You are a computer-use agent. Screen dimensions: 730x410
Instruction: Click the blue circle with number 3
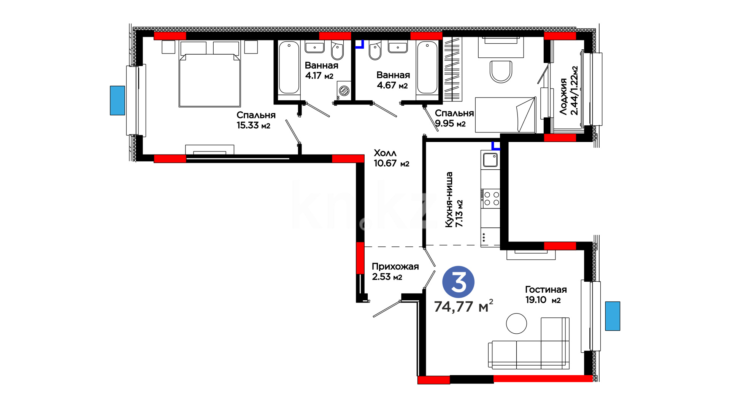pos(458,282)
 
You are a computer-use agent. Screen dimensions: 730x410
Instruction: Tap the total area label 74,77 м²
pos(463,306)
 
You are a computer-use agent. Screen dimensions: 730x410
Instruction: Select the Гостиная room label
pos(546,290)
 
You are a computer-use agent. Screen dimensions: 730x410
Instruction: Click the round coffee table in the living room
pos(516,323)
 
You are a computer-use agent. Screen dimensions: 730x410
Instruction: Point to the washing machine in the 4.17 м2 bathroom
pos(344,91)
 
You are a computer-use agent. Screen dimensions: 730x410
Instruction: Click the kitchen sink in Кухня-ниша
pos(490,160)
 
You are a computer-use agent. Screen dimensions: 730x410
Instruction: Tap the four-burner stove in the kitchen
pos(491,198)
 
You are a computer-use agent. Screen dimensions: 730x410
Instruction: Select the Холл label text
pos(385,153)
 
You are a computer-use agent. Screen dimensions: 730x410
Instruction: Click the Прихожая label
pos(395,266)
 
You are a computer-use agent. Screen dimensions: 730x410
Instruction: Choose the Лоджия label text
pos(563,96)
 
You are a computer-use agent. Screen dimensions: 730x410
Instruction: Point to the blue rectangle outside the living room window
pos(613,316)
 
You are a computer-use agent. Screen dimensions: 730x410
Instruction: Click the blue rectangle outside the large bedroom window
pos(117,100)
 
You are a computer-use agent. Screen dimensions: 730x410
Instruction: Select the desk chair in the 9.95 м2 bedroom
pos(501,71)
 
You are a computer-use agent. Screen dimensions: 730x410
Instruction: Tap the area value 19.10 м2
pos(543,300)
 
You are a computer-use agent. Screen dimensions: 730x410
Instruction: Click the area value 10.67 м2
pos(392,163)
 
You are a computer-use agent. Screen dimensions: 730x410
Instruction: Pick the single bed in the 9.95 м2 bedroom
pos(505,115)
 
